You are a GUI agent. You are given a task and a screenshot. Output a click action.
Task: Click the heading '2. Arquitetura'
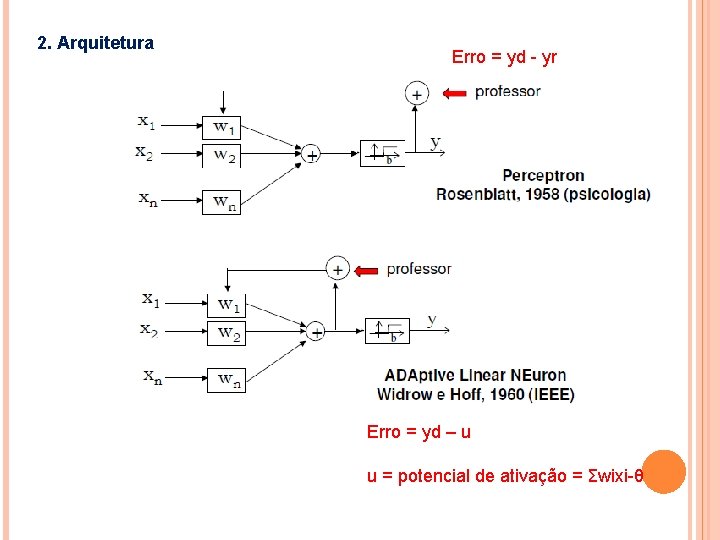point(95,43)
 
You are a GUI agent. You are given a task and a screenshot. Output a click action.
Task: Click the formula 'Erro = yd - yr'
point(504,57)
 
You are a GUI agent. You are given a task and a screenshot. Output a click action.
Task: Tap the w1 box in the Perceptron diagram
point(225,126)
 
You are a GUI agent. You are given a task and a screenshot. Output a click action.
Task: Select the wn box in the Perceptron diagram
point(225,201)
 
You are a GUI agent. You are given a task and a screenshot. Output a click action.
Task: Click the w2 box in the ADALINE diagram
point(229,333)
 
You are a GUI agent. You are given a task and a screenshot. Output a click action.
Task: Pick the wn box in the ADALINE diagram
point(229,379)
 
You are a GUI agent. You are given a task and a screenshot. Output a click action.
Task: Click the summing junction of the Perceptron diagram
point(311,154)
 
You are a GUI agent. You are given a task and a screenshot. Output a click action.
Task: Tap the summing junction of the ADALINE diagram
point(315,331)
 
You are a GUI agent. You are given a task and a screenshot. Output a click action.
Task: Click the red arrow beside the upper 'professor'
point(454,93)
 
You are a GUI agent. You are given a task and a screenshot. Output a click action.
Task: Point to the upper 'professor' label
point(507,92)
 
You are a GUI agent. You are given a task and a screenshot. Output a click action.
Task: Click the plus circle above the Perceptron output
point(416,93)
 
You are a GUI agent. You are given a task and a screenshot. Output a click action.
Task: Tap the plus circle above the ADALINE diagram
point(338,268)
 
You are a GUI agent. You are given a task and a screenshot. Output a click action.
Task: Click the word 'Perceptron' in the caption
point(543,176)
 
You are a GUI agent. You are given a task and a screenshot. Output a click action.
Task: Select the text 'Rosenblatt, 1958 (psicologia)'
point(543,194)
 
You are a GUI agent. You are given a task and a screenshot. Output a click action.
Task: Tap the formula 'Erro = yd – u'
point(418,432)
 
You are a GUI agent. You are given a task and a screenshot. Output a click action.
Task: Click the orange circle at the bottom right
point(662,471)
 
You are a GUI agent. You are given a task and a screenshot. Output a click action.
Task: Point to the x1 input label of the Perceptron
point(147,122)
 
